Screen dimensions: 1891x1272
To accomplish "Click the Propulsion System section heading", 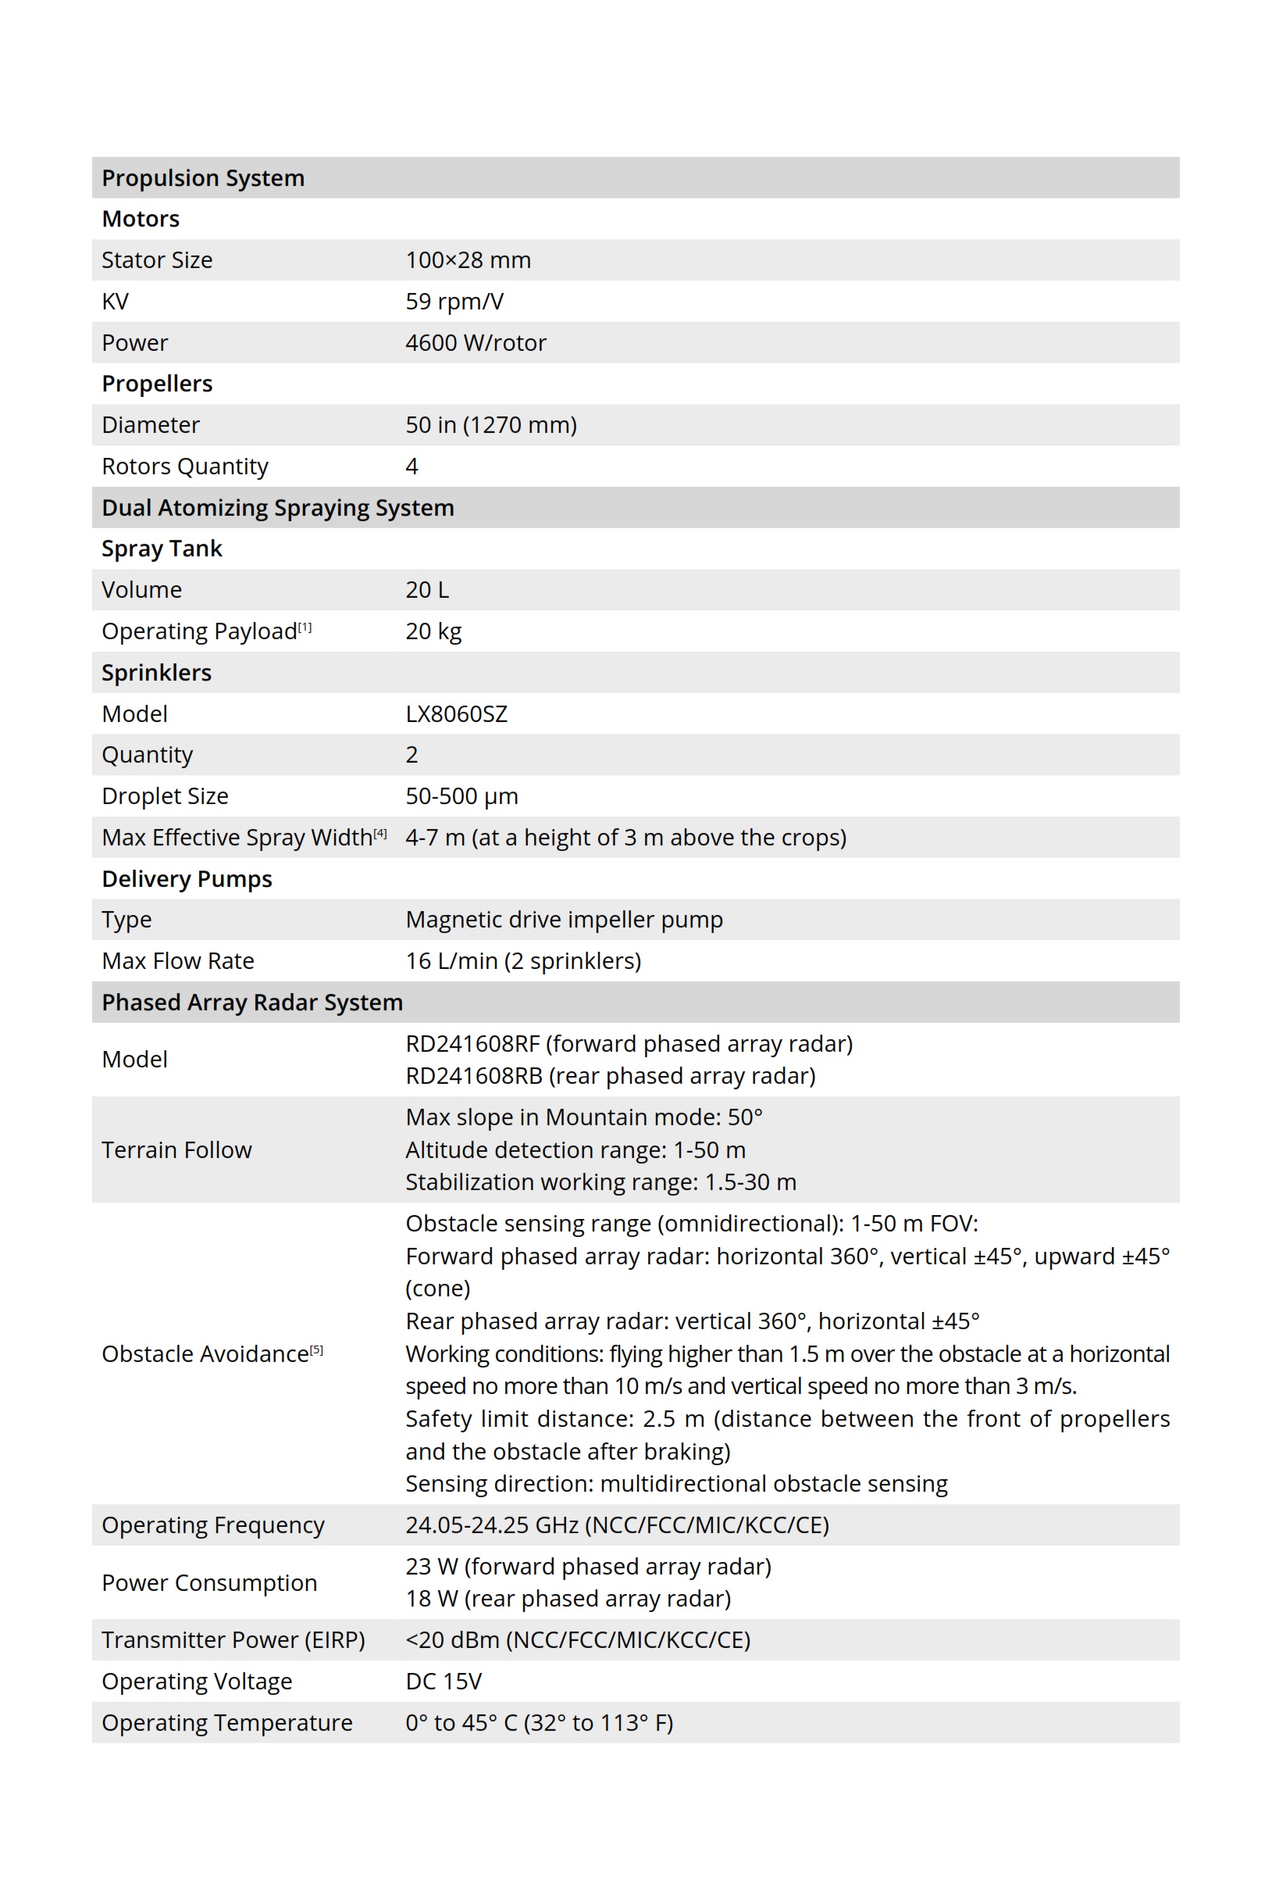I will pyautogui.click(x=203, y=177).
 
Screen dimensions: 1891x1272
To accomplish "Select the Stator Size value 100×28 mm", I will pyautogui.click(x=468, y=259).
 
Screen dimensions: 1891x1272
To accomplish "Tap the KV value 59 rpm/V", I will pyautogui.click(x=454, y=301).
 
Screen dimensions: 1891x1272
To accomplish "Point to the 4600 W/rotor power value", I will pyautogui.click(x=476, y=342).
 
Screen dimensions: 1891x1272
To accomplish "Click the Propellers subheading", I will pyautogui.click(x=157, y=383).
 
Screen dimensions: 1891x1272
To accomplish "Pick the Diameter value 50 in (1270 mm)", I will pyautogui.click(x=491, y=424).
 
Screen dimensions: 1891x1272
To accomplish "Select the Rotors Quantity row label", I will pyautogui.click(x=184, y=466).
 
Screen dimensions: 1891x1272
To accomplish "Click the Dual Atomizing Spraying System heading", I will pyautogui.click(x=277, y=507).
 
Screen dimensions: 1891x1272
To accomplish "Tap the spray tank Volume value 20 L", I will pyautogui.click(x=426, y=589).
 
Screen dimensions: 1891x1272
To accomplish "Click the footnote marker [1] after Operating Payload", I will pyautogui.click(x=305, y=627).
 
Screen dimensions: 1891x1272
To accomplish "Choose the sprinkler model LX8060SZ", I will pyautogui.click(x=456, y=713).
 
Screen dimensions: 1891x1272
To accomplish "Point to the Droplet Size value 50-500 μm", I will pyautogui.click(x=461, y=795).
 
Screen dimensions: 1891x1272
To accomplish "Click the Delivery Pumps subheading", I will pyautogui.click(x=187, y=878).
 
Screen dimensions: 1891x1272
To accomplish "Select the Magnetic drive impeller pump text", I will pyautogui.click(x=564, y=919).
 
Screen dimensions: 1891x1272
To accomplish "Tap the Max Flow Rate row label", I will pyautogui.click(x=178, y=960).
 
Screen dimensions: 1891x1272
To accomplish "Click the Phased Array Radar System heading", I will pyautogui.click(x=251, y=1002).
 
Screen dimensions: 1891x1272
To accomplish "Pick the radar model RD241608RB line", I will pyautogui.click(x=610, y=1075).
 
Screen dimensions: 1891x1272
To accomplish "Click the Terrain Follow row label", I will pyautogui.click(x=176, y=1149).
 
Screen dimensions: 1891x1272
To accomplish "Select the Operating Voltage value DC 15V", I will pyautogui.click(x=443, y=1681).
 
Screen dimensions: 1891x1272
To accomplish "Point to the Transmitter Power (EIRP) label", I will pyautogui.click(x=233, y=1639).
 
